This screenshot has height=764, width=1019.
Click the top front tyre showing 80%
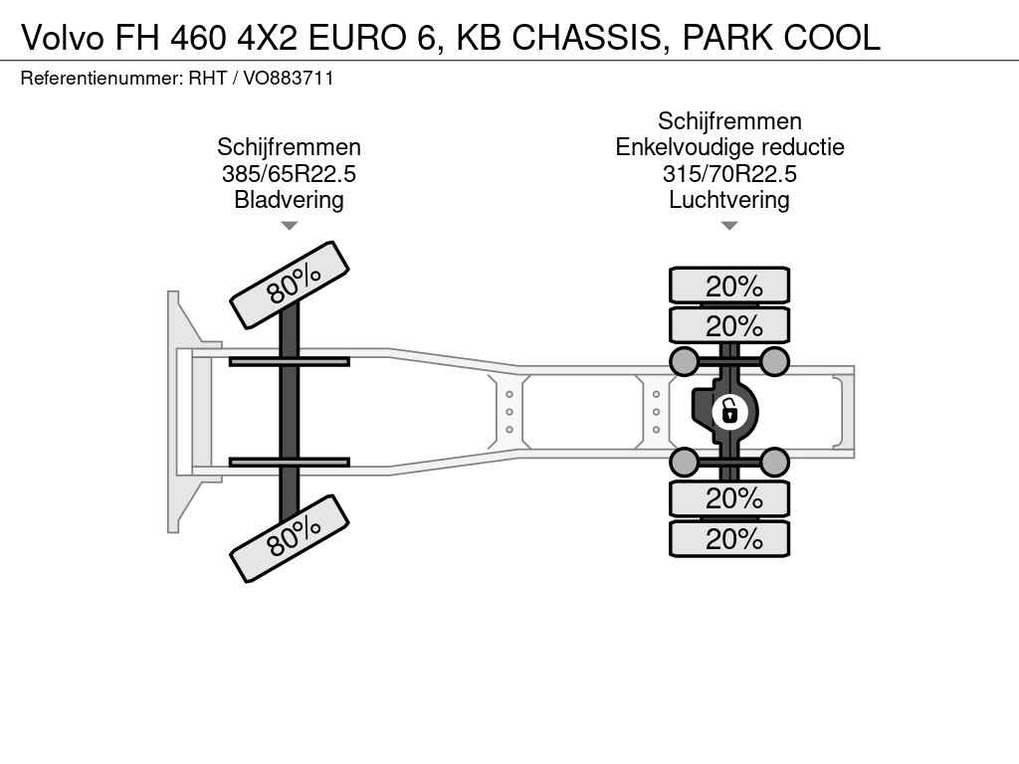[x=290, y=285]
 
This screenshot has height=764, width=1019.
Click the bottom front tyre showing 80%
[x=290, y=538]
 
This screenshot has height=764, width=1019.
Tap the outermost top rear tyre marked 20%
[x=729, y=286]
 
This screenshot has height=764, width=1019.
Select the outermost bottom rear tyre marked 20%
[x=729, y=538]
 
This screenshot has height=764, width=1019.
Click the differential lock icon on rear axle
[x=729, y=412]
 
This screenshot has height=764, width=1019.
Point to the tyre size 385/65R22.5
[x=290, y=174]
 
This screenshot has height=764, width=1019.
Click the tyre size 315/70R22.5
[x=729, y=174]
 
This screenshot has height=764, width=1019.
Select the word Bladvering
[x=290, y=200]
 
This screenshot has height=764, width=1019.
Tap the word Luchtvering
[x=729, y=200]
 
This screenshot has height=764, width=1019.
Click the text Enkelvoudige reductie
[x=729, y=147]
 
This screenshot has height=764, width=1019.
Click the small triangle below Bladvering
[x=290, y=226]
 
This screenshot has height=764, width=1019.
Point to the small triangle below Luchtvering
[x=729, y=226]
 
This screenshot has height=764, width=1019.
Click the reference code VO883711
[x=289, y=79]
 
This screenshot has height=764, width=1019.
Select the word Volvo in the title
[x=63, y=38]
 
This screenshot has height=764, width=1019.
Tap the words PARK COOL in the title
[x=781, y=38]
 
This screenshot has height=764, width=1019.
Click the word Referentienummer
[x=101, y=79]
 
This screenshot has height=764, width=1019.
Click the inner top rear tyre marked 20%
[x=729, y=325]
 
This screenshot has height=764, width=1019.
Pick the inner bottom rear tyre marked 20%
[x=729, y=498]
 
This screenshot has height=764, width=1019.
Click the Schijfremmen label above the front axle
[x=290, y=147]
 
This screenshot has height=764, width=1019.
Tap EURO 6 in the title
[x=370, y=38]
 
